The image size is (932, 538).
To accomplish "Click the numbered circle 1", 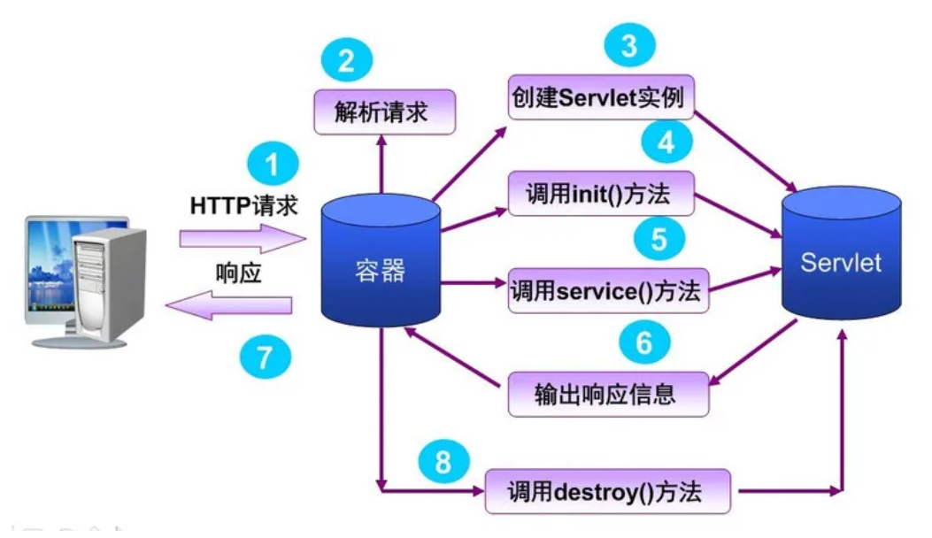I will tap(273, 165).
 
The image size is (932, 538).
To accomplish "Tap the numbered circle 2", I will tap(347, 59).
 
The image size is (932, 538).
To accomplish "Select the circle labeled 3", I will tap(628, 46).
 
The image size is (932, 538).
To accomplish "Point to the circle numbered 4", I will tap(666, 142).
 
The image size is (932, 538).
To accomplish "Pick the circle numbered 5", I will tap(659, 239).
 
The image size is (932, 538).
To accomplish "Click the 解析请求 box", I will tap(384, 112).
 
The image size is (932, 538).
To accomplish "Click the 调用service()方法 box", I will tap(609, 291).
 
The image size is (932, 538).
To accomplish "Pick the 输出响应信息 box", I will tap(609, 394).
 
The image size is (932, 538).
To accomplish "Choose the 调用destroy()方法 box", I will tap(608, 491).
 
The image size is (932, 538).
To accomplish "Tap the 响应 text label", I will tap(239, 274).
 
